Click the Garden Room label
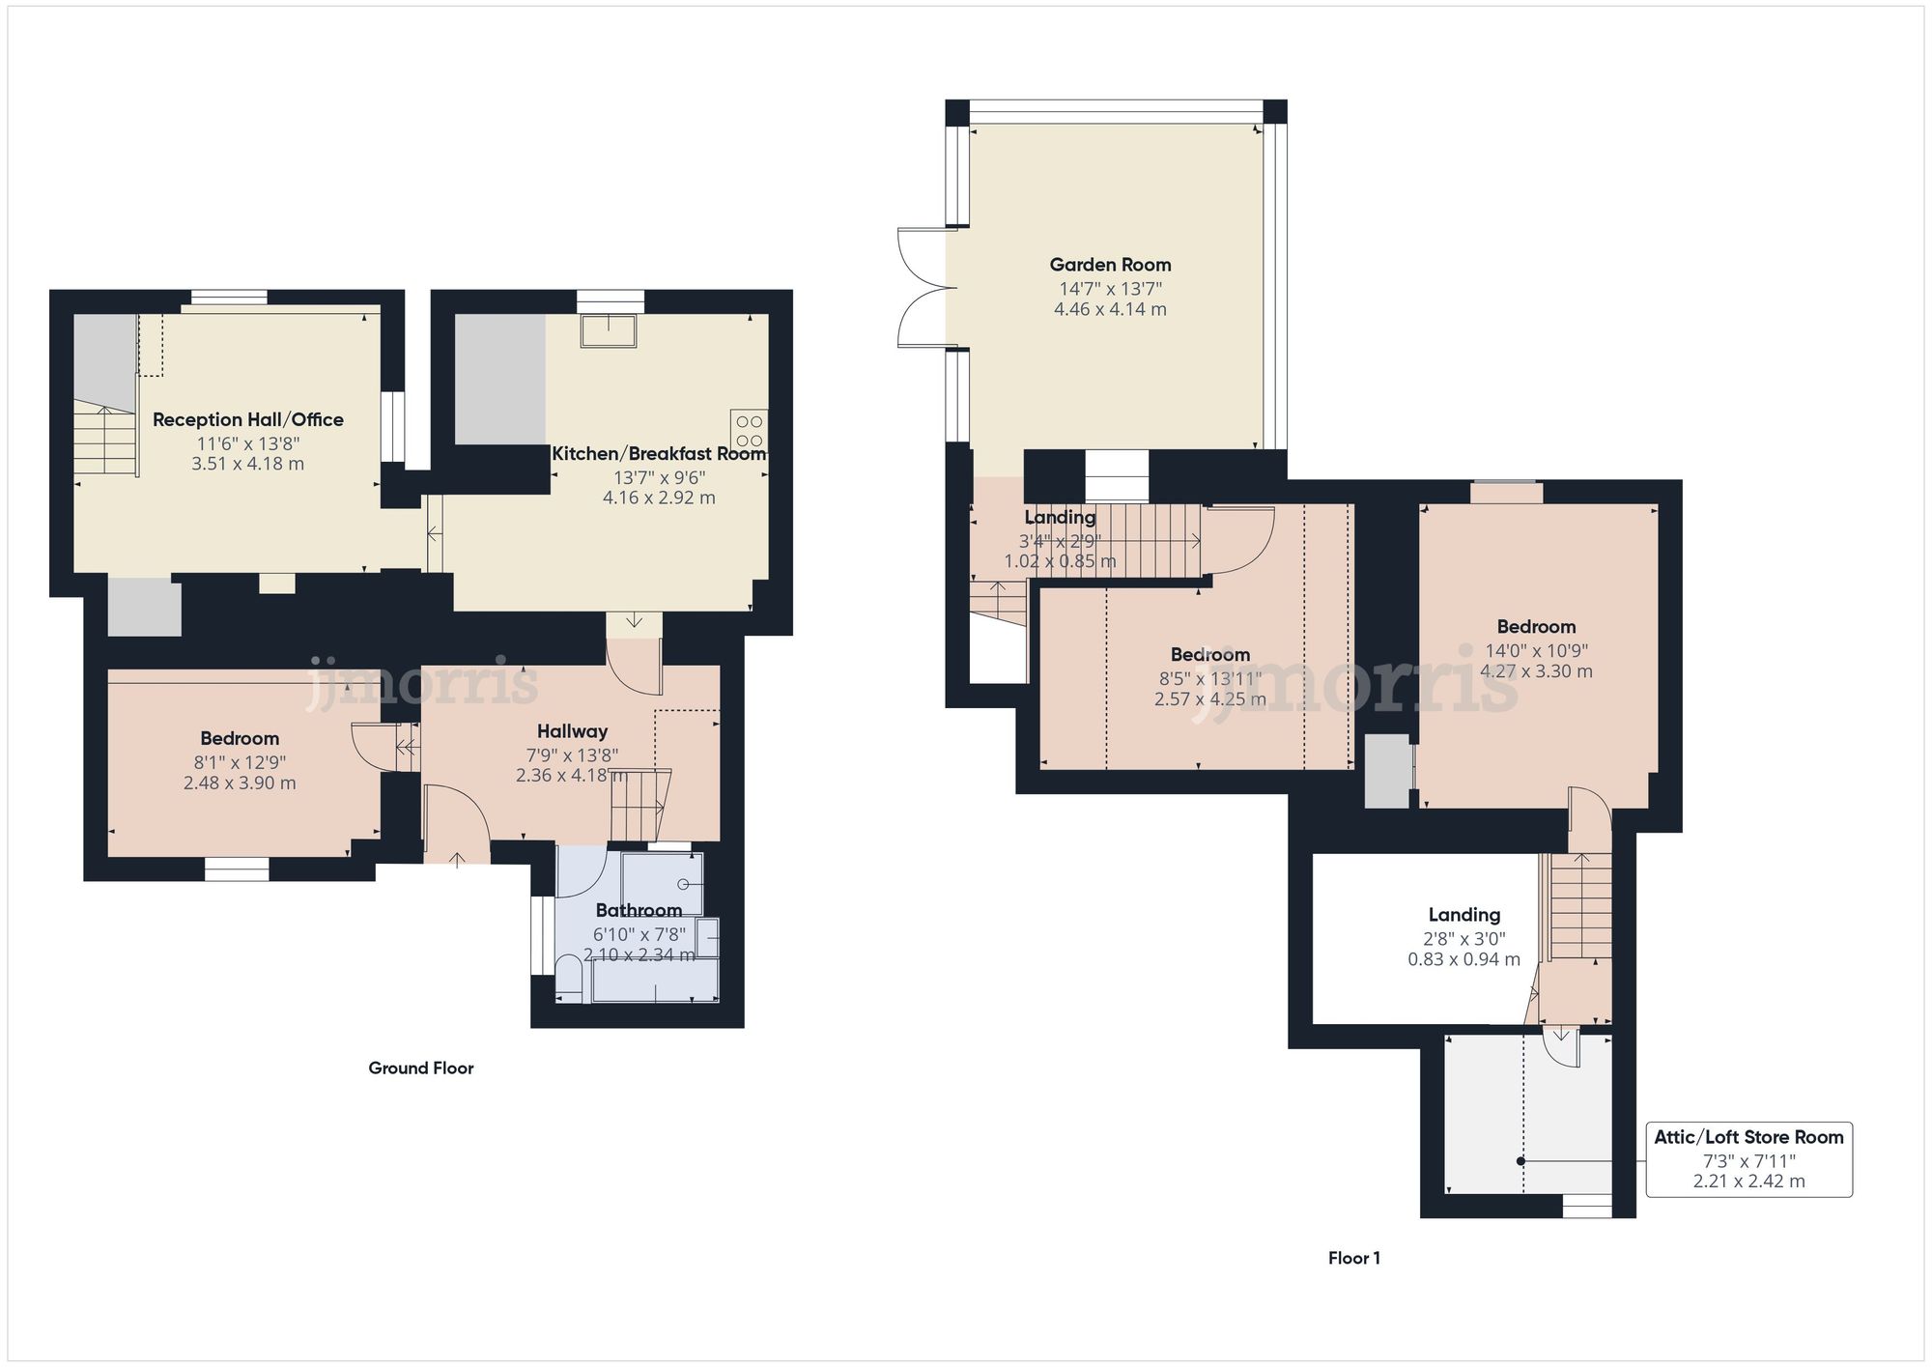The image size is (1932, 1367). pyautogui.click(x=1110, y=265)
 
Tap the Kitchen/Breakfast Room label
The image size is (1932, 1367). pyautogui.click(x=659, y=453)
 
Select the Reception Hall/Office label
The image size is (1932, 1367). pyautogui.click(x=248, y=419)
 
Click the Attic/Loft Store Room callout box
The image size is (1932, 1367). pyautogui.click(x=1748, y=1158)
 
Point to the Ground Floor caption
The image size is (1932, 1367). pyautogui.click(x=421, y=1068)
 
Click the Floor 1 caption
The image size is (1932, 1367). pyautogui.click(x=1353, y=1258)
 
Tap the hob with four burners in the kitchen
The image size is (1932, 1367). pyautogui.click(x=749, y=430)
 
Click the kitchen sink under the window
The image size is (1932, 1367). pyautogui.click(x=609, y=330)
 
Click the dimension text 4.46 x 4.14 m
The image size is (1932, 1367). pyautogui.click(x=1110, y=309)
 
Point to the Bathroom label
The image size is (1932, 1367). pyautogui.click(x=639, y=910)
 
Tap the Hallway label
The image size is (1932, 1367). pyautogui.click(x=572, y=731)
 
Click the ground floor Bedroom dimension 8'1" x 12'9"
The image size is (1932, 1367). pyautogui.click(x=240, y=762)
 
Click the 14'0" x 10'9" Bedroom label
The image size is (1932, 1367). pyautogui.click(x=1536, y=626)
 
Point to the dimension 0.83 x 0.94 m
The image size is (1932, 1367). pyautogui.click(x=1463, y=959)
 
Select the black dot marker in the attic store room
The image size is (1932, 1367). pyautogui.click(x=1520, y=1161)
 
